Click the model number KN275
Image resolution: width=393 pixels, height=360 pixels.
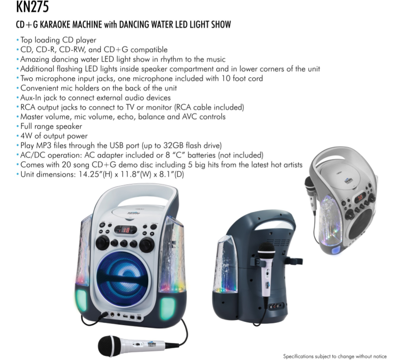[32, 7]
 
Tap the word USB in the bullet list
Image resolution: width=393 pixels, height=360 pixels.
[116, 145]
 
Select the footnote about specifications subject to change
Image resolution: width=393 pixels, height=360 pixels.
[335, 356]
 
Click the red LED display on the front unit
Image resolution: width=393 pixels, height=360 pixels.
[126, 229]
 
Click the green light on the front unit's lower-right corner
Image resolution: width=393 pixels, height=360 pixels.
[167, 309]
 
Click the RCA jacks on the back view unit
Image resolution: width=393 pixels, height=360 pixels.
[275, 306]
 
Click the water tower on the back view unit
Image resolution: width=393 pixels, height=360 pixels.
[225, 266]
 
